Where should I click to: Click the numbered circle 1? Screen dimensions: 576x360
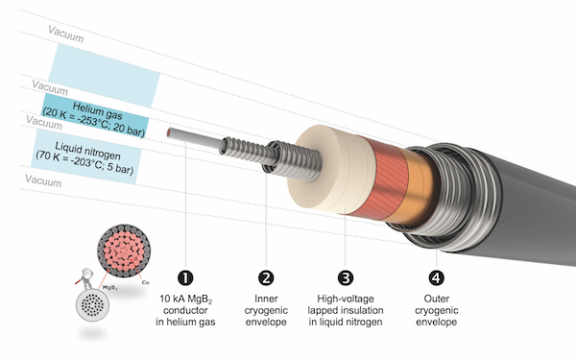pos(185,278)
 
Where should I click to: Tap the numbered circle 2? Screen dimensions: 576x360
pos(266,278)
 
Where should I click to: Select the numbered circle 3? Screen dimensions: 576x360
pos(346,278)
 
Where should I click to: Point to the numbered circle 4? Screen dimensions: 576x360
pos(437,278)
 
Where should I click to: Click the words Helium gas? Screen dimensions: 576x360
pos(97,110)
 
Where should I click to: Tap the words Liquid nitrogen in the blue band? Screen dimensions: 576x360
pos(87,152)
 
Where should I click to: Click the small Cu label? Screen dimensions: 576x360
pos(145,282)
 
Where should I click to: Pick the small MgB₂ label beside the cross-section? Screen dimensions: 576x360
pos(110,288)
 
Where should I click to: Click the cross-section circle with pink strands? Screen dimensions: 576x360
pos(124,251)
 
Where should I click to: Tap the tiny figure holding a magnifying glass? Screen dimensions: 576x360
pos(85,278)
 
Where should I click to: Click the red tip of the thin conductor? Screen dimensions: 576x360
pos(169,132)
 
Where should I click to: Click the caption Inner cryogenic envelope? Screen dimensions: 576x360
pos(266,310)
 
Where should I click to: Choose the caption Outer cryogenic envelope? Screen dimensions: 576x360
pos(437,310)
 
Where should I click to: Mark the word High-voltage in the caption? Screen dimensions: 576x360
pos(346,299)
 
